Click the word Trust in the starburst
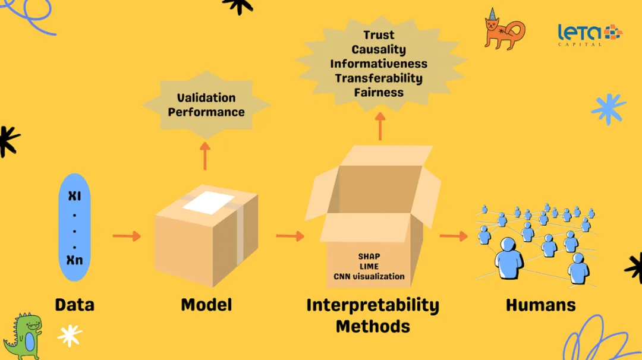pos(379,36)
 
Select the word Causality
pos(379,50)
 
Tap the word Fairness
pos(379,93)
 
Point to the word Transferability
pos(379,78)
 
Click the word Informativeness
pos(379,64)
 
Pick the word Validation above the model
pos(206,98)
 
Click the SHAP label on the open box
pos(369,257)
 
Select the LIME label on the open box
pos(369,266)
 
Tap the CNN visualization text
pos(369,276)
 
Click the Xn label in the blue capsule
pos(74,260)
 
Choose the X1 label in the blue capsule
pos(74,195)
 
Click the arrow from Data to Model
pos(127,236)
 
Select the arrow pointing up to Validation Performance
pos(205,156)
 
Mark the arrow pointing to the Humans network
pos(454,236)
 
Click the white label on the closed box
pos(208,203)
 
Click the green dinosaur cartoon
pos(23,336)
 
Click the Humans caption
pos(540,305)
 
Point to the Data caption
pos(74,305)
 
